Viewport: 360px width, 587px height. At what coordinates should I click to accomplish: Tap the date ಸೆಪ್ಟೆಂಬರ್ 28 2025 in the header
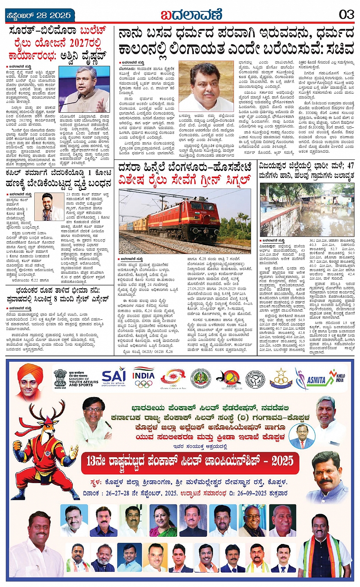[39, 16]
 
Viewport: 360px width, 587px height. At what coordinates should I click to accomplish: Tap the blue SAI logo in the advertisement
[114, 377]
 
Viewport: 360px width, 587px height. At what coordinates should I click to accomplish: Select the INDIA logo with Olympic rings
[144, 377]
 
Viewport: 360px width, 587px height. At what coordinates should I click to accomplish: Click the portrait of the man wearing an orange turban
[30, 382]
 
